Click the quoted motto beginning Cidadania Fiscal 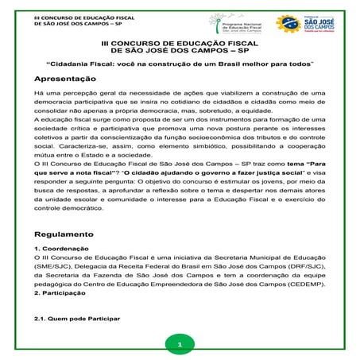[179, 62]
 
